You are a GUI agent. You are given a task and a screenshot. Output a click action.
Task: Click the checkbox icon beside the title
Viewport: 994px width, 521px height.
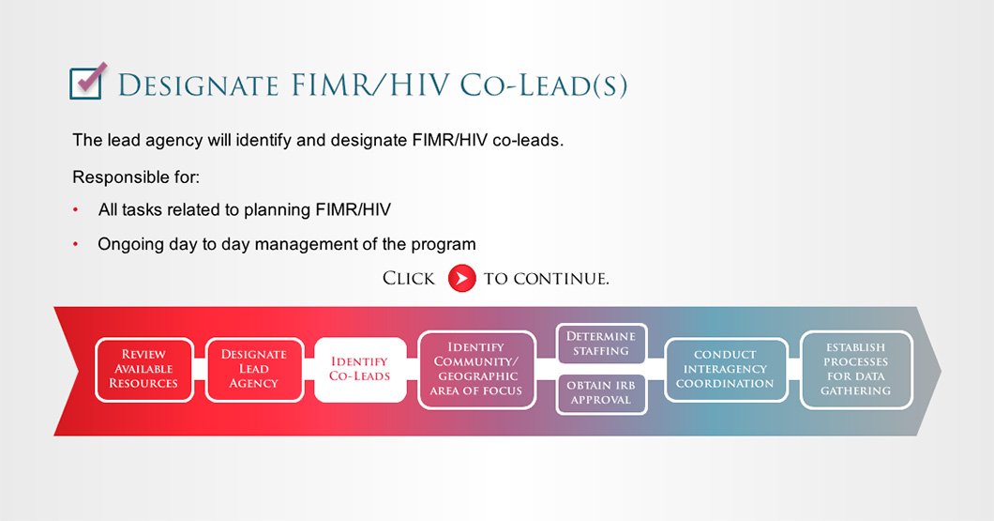(x=87, y=82)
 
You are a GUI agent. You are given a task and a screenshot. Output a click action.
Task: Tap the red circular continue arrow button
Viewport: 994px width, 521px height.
(x=461, y=278)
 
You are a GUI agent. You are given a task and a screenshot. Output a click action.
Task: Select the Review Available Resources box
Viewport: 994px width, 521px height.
(x=143, y=369)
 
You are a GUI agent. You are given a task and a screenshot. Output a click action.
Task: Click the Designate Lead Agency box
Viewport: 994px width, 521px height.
(x=254, y=369)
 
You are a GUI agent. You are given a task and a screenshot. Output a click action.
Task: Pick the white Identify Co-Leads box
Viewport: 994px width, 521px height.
(x=360, y=369)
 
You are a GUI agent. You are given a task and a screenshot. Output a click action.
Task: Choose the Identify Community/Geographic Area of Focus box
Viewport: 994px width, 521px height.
(x=476, y=369)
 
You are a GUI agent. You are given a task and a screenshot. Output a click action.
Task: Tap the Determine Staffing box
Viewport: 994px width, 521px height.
(x=601, y=344)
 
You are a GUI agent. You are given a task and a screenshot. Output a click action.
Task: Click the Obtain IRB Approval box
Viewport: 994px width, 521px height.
(x=601, y=393)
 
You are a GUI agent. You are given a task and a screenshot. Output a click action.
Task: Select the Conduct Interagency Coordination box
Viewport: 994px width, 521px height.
(x=726, y=369)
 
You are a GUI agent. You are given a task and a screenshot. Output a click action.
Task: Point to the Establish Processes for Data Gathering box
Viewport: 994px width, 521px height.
(x=856, y=369)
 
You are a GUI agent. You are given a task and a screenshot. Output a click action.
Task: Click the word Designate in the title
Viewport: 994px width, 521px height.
(x=199, y=85)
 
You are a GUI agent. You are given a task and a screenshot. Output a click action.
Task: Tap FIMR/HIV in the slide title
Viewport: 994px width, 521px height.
(x=370, y=85)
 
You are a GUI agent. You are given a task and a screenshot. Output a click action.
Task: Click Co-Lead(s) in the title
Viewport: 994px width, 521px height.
(x=544, y=85)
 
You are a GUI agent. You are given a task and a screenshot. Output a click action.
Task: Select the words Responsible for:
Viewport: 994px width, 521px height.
(x=136, y=177)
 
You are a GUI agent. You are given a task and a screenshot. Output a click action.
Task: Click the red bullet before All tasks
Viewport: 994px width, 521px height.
(x=75, y=209)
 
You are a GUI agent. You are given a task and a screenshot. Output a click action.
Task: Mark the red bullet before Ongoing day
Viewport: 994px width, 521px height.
(x=75, y=244)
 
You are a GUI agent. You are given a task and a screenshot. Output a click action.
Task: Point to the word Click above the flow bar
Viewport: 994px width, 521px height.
(x=409, y=279)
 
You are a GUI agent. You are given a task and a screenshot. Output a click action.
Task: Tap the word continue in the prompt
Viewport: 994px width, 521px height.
(x=561, y=279)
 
